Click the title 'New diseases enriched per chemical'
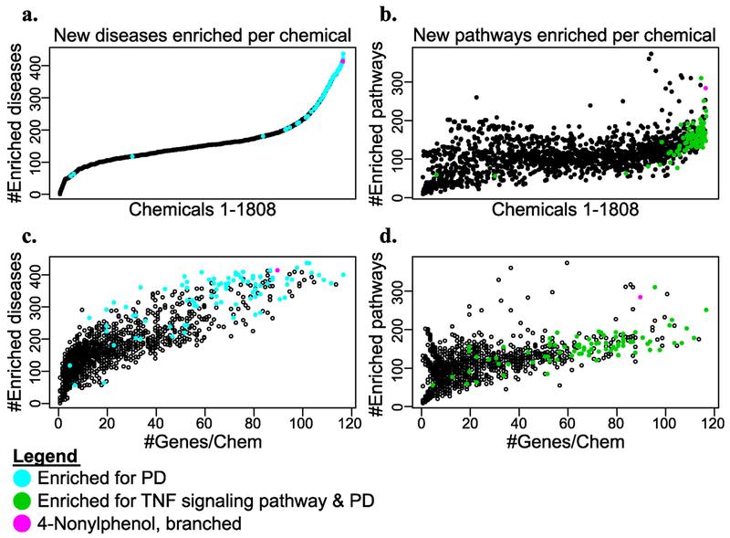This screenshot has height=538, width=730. coord(203,36)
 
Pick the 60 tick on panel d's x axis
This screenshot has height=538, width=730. coord(567,423)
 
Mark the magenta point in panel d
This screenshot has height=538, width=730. coord(641,297)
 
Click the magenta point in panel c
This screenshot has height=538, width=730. coord(277,270)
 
